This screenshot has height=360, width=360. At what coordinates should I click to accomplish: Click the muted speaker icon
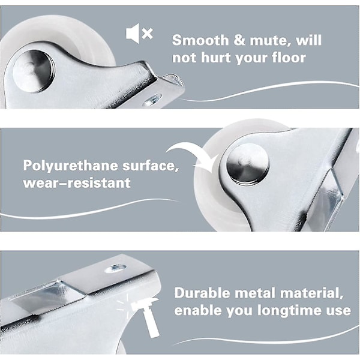click(x=139, y=33)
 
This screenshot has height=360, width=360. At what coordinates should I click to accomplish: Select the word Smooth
click(x=200, y=40)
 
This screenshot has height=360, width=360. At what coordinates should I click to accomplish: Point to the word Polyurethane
click(x=71, y=166)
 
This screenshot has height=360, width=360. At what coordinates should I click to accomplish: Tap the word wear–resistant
click(x=77, y=183)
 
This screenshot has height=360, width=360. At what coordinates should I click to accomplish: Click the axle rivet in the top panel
click(x=34, y=71)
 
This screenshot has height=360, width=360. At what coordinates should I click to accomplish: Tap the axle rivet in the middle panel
click(x=248, y=165)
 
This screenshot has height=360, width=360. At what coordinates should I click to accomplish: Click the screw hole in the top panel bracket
click(x=152, y=100)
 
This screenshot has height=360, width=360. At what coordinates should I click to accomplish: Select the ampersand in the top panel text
click(x=239, y=40)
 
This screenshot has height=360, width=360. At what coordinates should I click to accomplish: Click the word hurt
click(x=215, y=57)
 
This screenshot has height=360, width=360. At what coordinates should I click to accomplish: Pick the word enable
click(x=197, y=310)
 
